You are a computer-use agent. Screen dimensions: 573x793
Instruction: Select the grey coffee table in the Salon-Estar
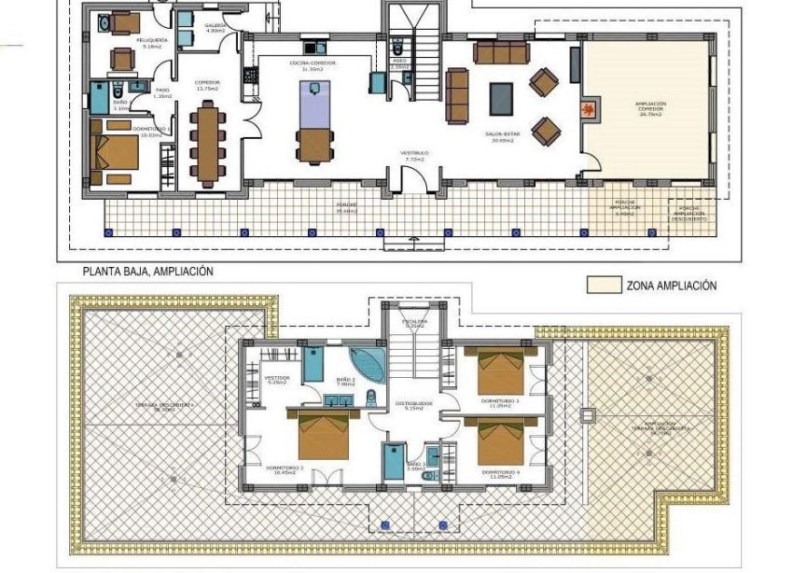(x=501, y=97)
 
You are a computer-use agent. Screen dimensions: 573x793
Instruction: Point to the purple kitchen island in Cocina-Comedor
(x=314, y=104)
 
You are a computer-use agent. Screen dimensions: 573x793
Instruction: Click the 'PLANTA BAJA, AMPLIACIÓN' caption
(x=148, y=272)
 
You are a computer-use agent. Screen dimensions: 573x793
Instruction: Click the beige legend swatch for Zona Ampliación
(x=604, y=285)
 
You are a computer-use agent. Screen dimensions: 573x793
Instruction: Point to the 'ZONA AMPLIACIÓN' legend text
(x=672, y=286)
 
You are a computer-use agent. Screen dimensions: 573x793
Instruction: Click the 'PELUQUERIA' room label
(x=125, y=42)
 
